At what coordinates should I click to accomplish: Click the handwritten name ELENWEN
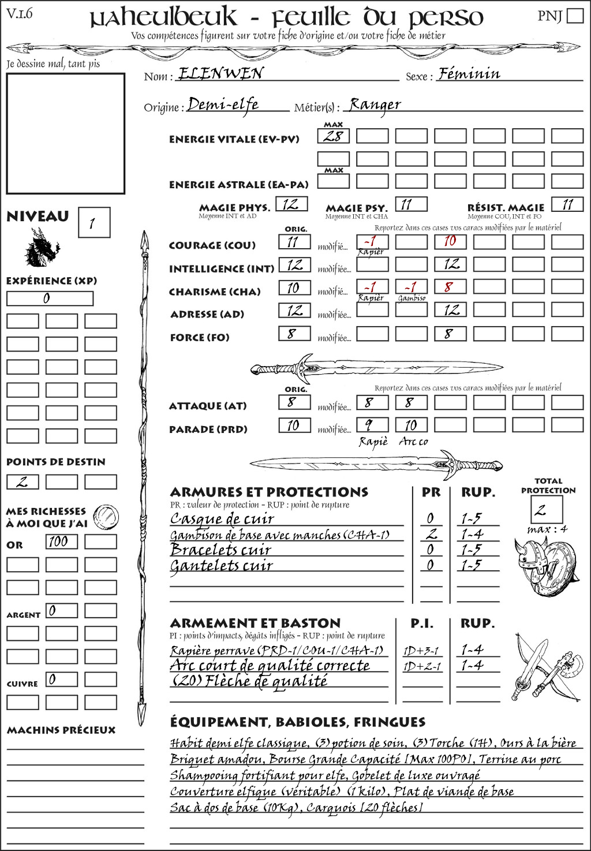click(220, 73)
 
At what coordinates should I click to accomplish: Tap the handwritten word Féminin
click(469, 74)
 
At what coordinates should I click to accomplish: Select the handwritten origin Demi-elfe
click(223, 105)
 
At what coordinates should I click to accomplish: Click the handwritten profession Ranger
click(375, 105)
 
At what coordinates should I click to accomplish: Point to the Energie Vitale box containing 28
click(333, 136)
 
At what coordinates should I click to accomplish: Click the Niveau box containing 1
click(93, 223)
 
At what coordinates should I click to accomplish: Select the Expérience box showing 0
click(50, 298)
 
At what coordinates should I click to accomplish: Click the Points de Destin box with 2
click(23, 482)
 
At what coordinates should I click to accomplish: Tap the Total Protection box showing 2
click(546, 510)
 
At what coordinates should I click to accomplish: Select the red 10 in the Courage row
click(450, 241)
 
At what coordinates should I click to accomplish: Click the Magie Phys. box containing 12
click(291, 204)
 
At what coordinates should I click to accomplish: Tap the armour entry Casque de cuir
click(222, 518)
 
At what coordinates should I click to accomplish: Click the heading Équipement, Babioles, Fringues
click(297, 722)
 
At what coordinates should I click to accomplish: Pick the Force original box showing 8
click(294, 334)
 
